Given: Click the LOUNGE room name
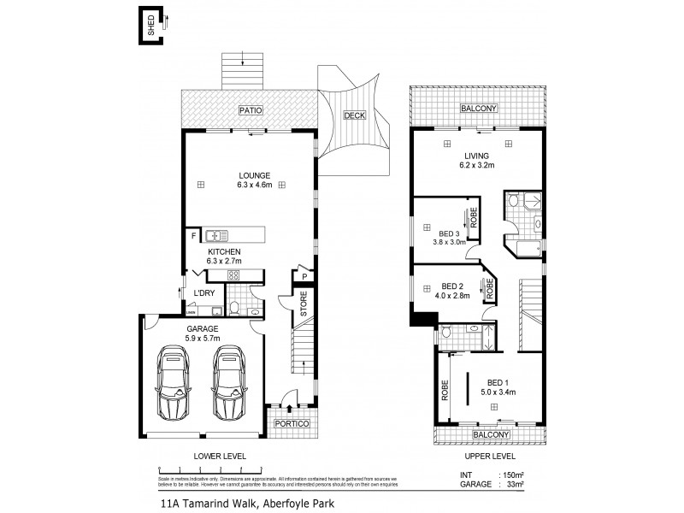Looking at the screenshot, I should (x=254, y=175).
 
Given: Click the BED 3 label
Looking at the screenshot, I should (x=449, y=233).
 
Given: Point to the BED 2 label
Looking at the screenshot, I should (x=452, y=286).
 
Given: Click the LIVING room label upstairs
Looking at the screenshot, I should (x=476, y=156).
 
